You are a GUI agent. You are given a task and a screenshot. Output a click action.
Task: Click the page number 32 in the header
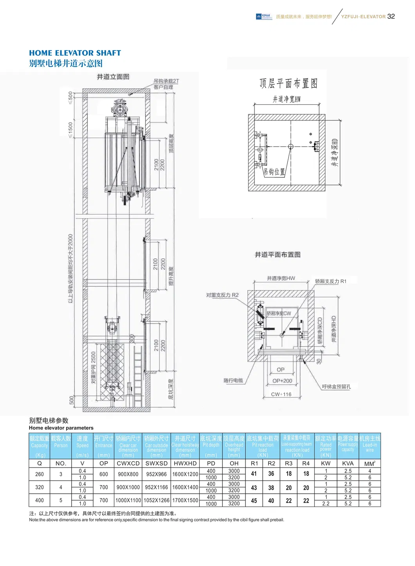point(391,16)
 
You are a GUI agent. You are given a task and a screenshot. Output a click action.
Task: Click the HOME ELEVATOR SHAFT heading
point(75,53)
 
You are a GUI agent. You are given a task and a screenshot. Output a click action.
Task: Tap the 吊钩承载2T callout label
point(166,81)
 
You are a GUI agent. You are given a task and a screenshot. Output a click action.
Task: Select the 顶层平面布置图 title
point(288,83)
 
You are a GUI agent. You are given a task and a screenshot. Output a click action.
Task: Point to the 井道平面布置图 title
point(278,254)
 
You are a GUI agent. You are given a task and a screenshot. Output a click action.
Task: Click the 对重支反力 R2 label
point(222,295)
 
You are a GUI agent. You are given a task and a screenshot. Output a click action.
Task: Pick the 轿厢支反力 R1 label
point(330,281)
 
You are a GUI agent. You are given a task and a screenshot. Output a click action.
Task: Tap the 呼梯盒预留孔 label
point(336,387)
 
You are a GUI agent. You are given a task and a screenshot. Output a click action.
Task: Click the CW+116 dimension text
point(281,394)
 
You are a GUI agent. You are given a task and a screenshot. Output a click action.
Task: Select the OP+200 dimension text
point(282,381)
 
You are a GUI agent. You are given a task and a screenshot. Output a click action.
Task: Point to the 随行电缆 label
point(233,380)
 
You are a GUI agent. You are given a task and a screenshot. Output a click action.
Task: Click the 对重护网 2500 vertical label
point(94,367)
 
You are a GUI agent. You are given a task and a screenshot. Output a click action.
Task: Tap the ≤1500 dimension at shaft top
point(70,130)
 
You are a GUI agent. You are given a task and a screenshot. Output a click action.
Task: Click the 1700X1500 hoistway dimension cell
point(185,500)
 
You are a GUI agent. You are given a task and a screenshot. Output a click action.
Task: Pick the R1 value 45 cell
point(254,500)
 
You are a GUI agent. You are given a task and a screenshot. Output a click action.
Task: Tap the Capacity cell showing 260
point(40,474)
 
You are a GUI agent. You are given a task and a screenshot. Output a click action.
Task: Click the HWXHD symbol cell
point(185,463)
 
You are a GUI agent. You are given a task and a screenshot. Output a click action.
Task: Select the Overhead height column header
point(234,446)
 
